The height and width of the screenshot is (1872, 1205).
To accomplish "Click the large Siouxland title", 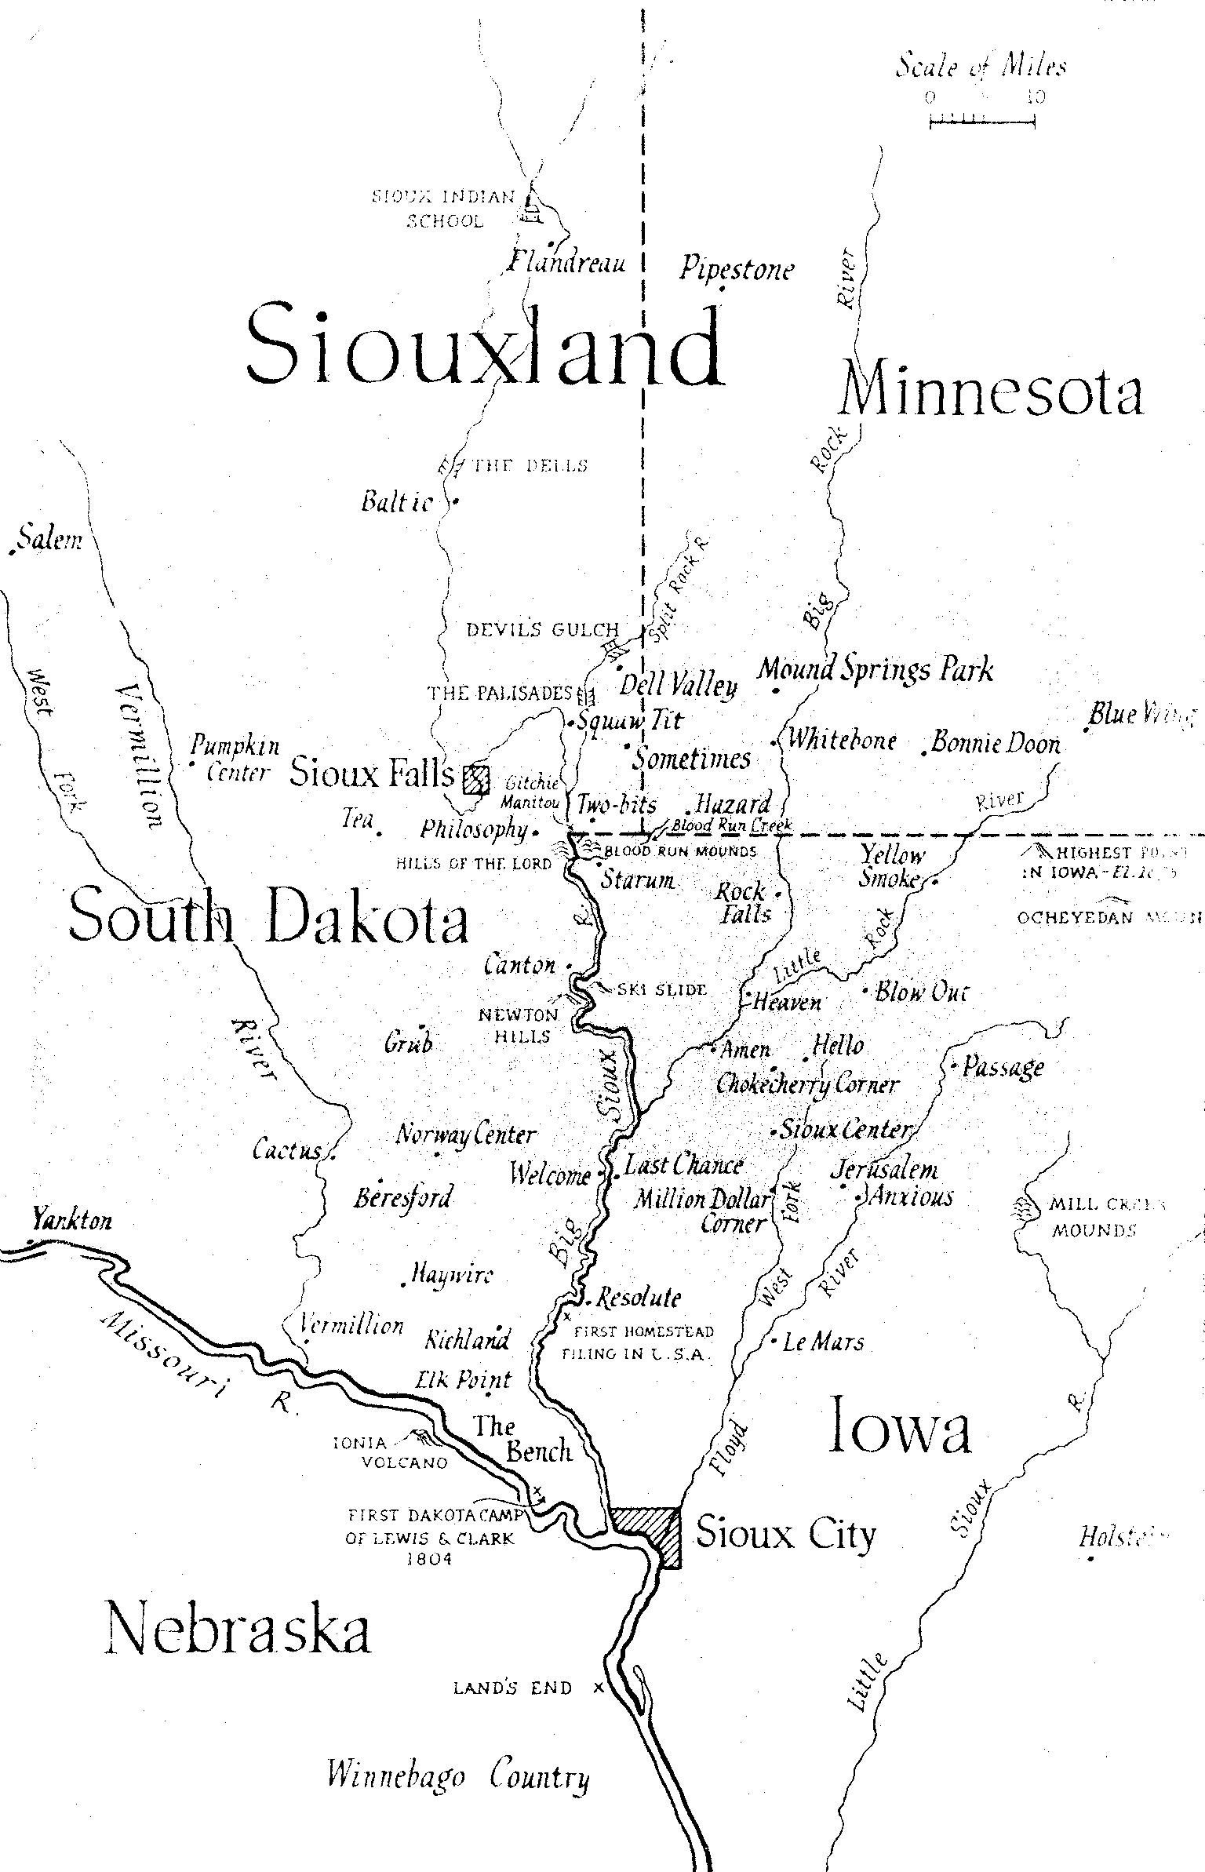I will click(x=485, y=348).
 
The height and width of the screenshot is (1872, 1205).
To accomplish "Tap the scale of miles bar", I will click(x=982, y=119).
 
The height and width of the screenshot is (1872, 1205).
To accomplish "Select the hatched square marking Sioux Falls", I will click(x=475, y=779).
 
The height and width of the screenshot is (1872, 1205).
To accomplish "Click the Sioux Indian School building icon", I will click(x=533, y=206).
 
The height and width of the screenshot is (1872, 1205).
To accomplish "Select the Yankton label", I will click(x=71, y=1220).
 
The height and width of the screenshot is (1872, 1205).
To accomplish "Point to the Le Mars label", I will click(x=823, y=1342).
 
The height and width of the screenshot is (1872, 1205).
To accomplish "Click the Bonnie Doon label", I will click(x=995, y=742).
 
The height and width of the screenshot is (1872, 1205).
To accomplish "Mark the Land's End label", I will click(x=513, y=1688).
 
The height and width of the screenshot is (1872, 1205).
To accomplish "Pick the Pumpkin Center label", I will click(x=235, y=759).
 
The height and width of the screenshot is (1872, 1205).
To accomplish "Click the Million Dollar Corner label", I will click(x=704, y=1211).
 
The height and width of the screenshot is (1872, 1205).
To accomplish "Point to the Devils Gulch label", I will click(x=542, y=630).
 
